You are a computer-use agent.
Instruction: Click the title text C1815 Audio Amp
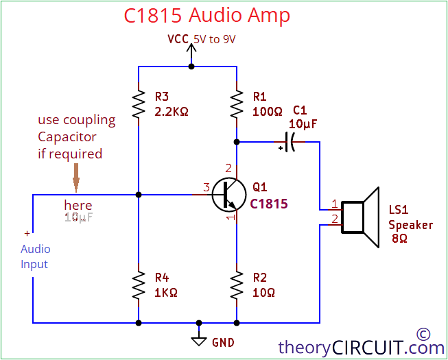[x=207, y=16]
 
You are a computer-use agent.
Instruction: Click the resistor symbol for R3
[x=139, y=104]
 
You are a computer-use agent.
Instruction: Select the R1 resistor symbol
[x=237, y=104]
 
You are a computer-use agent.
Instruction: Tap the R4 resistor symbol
[x=139, y=285]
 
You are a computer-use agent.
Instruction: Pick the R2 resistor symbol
[x=237, y=285]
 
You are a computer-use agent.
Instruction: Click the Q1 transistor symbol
[x=228, y=195]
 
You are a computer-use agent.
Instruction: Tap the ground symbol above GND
[x=199, y=340]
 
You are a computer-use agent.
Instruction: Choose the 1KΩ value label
[x=166, y=291]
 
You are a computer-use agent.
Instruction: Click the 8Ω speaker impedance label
[x=399, y=238]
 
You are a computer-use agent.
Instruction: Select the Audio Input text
[x=35, y=256]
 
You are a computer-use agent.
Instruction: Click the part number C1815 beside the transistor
[x=269, y=204]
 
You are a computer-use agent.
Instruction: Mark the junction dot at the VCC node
[x=191, y=67]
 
